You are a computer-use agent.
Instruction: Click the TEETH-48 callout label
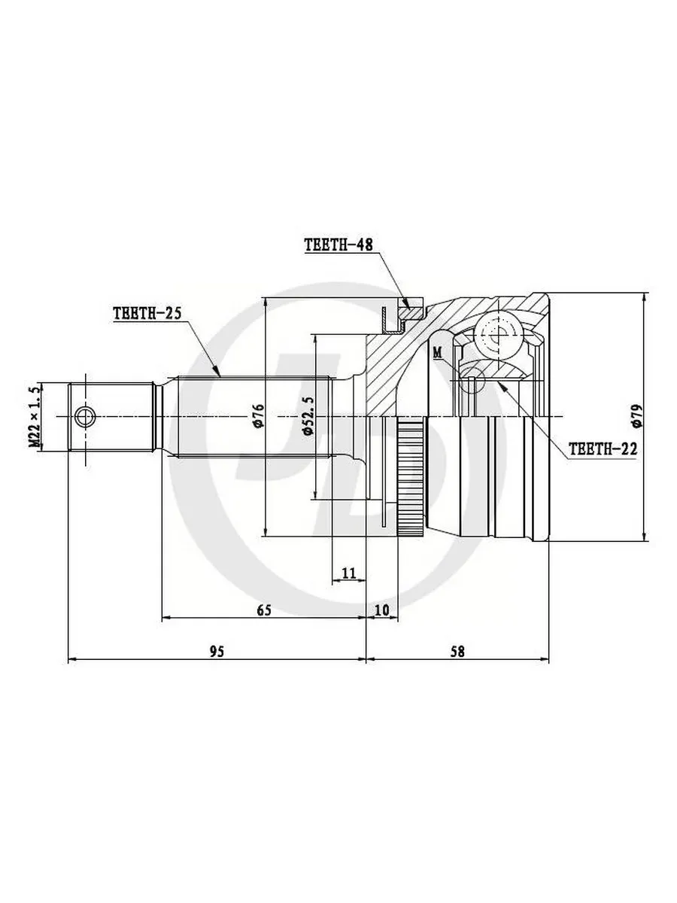click(338, 245)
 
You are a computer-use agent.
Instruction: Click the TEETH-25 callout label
click(147, 314)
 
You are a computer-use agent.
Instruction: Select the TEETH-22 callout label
click(603, 448)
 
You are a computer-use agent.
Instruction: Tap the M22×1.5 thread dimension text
click(35, 416)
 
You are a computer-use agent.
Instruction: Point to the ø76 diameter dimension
click(259, 416)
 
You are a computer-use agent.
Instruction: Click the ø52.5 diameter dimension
click(308, 416)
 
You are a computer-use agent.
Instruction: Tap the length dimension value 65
click(264, 610)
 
